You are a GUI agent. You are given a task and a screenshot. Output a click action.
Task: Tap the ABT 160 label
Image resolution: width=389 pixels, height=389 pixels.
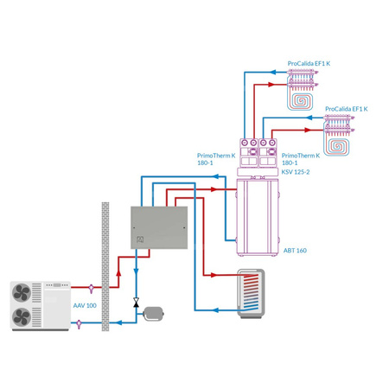coord(295,250)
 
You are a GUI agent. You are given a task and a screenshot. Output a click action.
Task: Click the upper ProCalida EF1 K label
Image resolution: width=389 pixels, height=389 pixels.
coord(308,63)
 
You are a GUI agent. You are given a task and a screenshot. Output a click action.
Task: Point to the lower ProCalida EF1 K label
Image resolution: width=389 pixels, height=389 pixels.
coord(347,109)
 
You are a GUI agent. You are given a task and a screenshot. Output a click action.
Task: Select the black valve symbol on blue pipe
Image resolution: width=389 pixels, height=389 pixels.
coord(136,303)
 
